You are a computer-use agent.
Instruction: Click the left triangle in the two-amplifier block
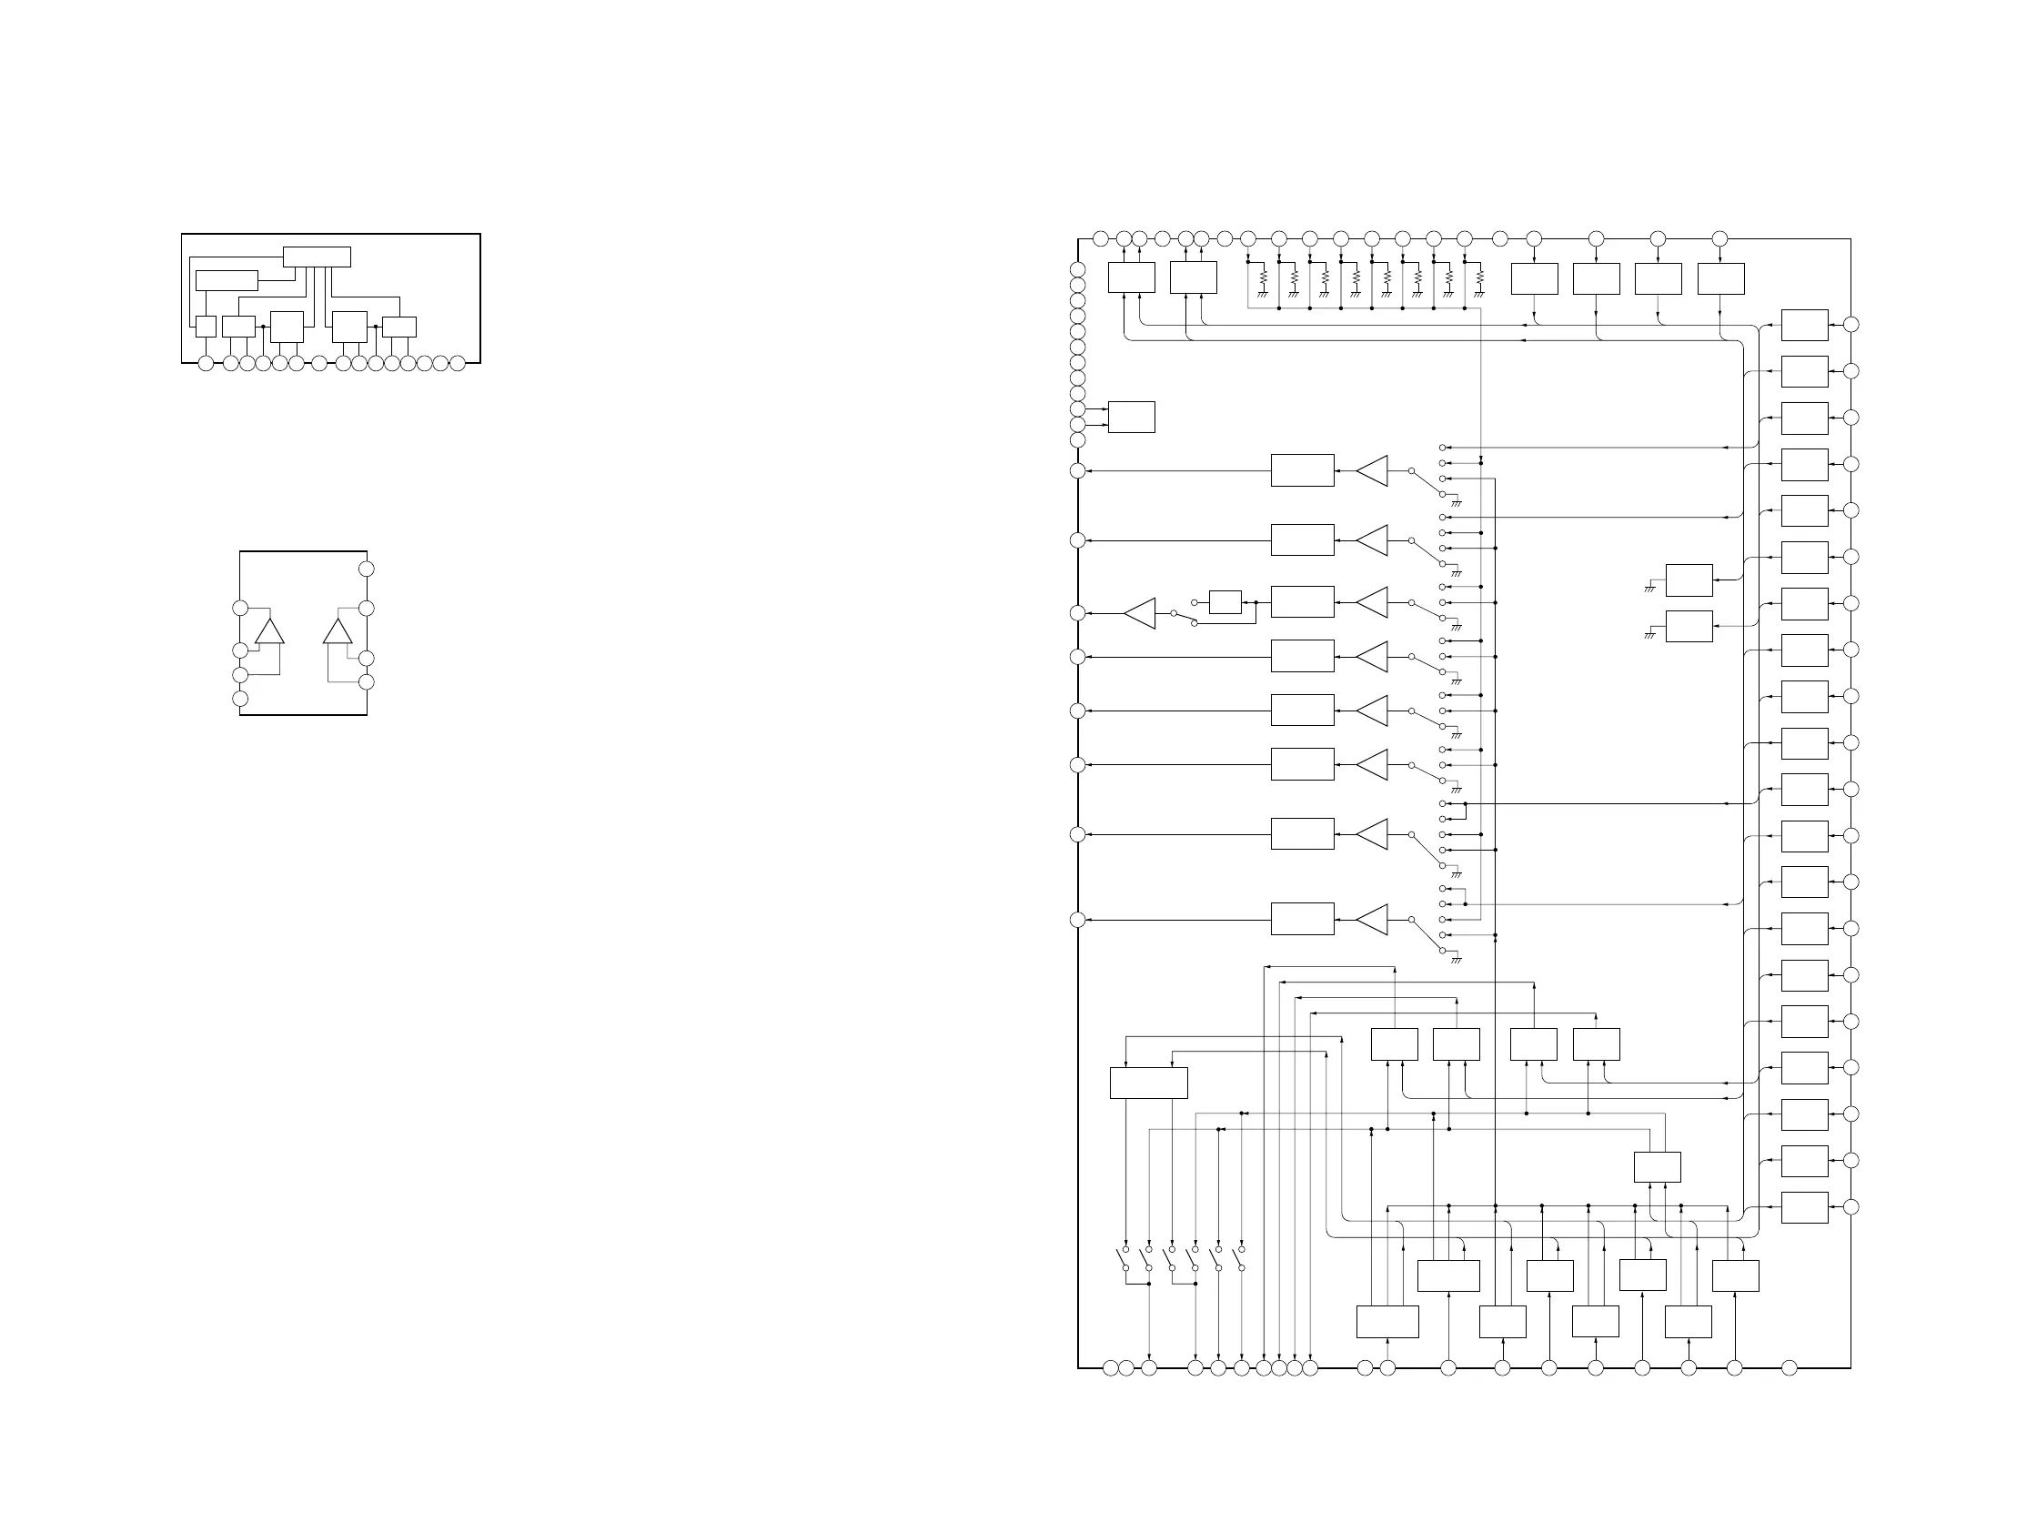click(x=270, y=631)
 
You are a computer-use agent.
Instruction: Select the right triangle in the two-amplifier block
click(x=337, y=631)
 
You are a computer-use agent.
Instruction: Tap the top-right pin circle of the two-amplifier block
click(x=366, y=569)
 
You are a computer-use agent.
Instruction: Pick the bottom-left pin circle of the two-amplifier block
click(x=240, y=699)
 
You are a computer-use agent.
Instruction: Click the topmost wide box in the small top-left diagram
click(x=316, y=257)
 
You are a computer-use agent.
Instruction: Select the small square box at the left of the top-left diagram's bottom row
click(x=207, y=327)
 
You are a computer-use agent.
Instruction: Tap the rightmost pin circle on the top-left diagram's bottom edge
click(x=457, y=364)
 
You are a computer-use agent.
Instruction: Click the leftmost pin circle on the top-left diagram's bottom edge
click(x=206, y=364)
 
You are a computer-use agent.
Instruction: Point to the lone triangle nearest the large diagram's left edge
click(x=1140, y=613)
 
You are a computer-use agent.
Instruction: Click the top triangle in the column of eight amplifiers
click(x=1372, y=470)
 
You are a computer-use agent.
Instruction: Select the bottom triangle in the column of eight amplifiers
click(x=1372, y=920)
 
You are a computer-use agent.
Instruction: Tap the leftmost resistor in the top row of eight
click(x=1264, y=277)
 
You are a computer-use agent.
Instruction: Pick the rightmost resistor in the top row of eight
click(x=1480, y=277)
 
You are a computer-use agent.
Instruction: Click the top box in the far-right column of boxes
click(x=1804, y=325)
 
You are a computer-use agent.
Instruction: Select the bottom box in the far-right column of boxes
click(x=1804, y=1207)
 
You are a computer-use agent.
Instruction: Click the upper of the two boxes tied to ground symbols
click(x=1689, y=580)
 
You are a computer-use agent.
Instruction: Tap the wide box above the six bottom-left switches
click(x=1148, y=1083)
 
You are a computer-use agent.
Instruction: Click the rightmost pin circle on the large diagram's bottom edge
click(x=1790, y=1368)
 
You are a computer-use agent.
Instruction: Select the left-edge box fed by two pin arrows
click(x=1131, y=417)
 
